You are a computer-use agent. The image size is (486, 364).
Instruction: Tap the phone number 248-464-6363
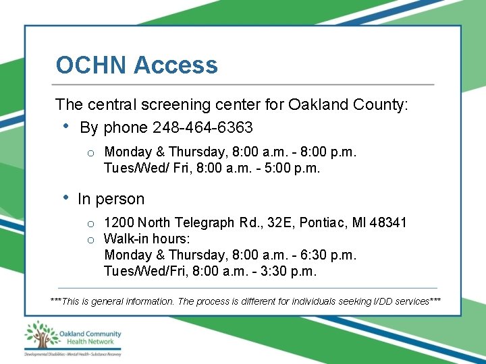click(x=203, y=127)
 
